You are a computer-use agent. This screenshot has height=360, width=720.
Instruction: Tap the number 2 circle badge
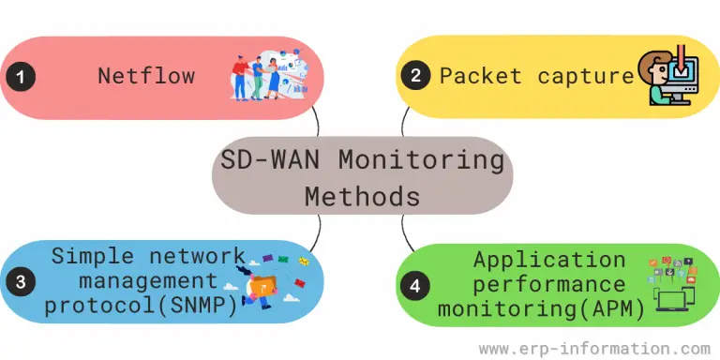413,77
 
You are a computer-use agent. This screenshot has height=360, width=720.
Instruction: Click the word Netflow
146,76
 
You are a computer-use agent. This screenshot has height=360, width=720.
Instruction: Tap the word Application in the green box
548,260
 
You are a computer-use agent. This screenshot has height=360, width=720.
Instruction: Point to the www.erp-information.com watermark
594,348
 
